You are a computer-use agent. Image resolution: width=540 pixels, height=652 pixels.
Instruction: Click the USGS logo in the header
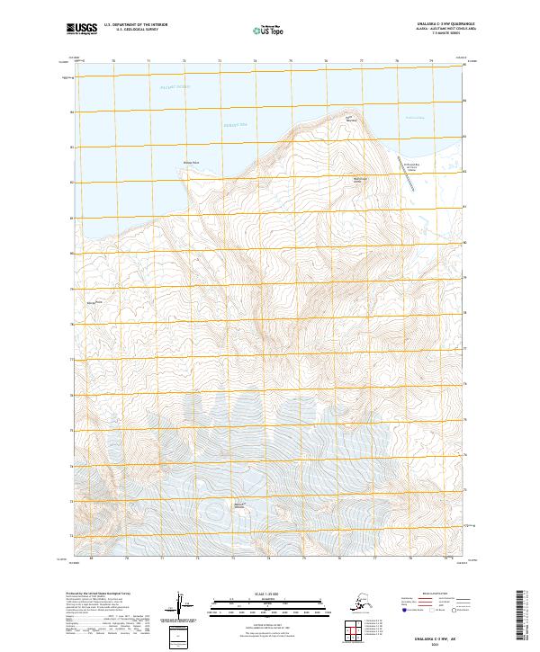click(83, 30)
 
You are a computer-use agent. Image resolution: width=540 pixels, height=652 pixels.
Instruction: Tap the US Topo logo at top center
click(269, 31)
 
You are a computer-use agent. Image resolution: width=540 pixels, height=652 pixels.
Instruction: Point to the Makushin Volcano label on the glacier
click(239, 506)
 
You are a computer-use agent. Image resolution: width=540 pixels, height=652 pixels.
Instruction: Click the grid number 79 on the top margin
click(431, 62)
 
